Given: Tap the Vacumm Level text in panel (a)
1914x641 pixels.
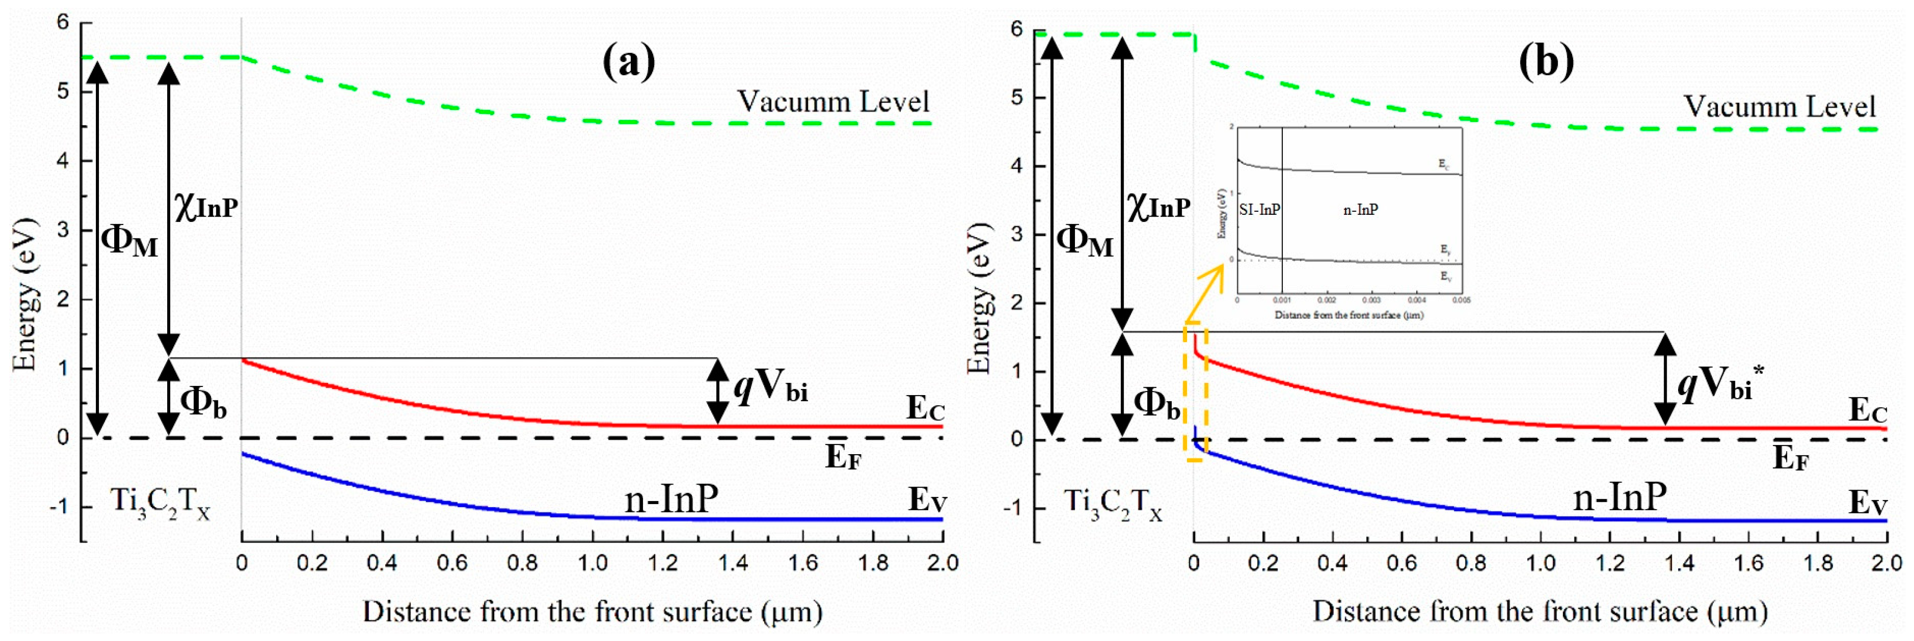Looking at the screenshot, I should click(x=833, y=102).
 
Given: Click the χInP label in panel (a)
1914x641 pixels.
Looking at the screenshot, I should click(x=206, y=205).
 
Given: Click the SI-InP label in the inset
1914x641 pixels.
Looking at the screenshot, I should click(x=1259, y=210).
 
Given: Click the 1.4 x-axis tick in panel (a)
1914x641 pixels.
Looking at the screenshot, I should click(x=733, y=563).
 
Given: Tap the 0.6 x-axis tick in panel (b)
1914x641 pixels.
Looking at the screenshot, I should click(x=1401, y=563).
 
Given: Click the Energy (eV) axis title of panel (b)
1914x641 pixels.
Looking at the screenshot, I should click(x=980, y=297).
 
